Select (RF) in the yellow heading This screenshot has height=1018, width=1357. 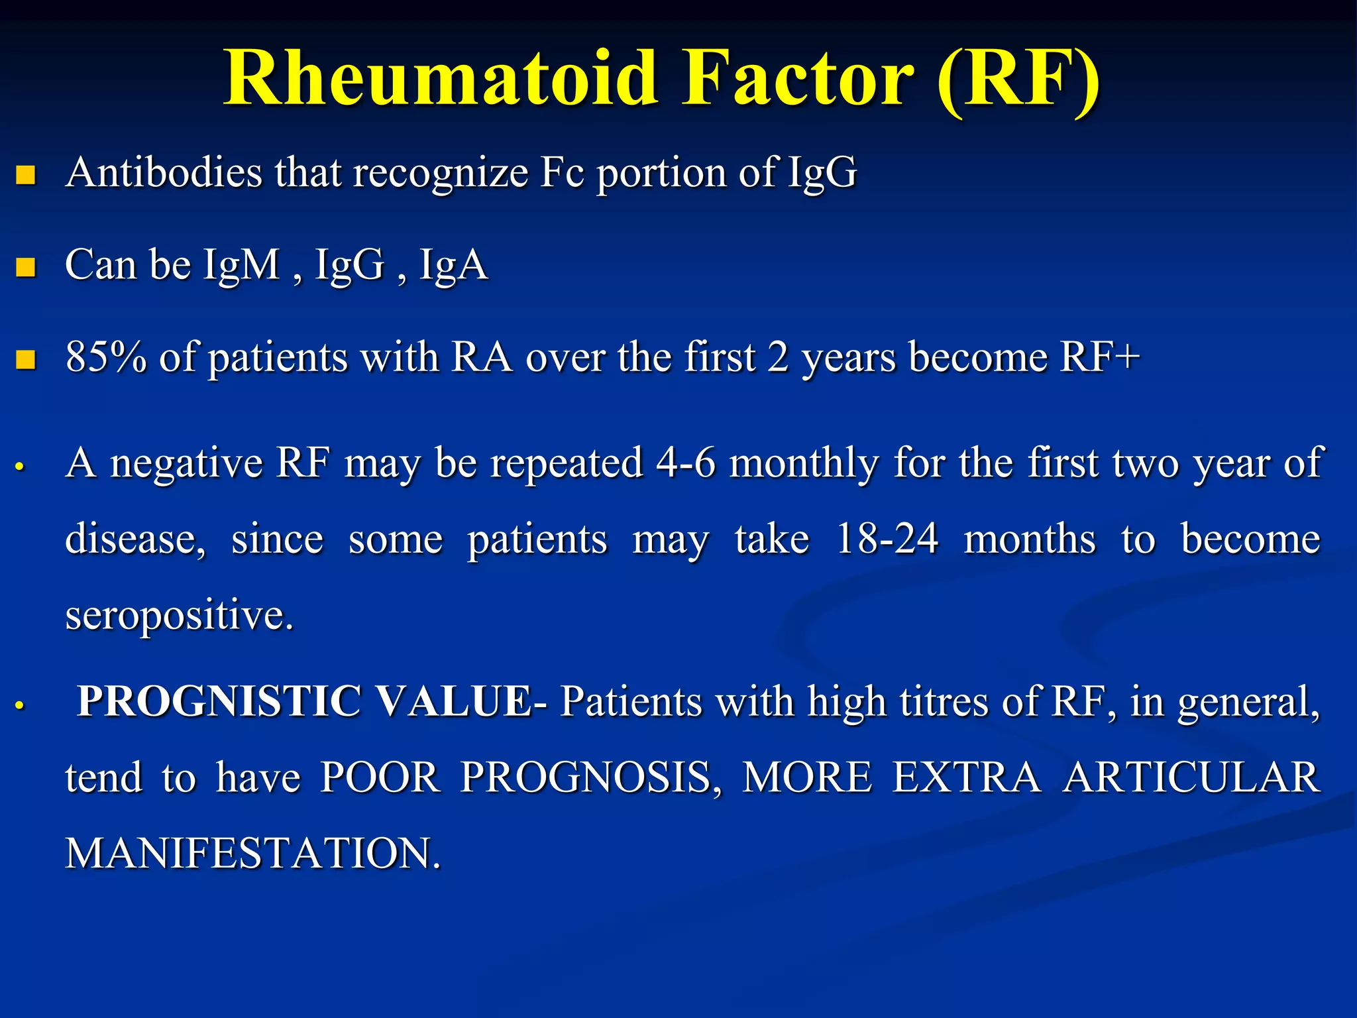[1018, 80]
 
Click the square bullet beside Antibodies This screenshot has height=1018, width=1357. [26, 175]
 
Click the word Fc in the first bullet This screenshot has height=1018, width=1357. [562, 172]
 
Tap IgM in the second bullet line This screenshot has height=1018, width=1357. [242, 265]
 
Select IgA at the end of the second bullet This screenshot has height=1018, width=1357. [454, 265]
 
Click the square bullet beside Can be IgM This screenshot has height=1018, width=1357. [26, 267]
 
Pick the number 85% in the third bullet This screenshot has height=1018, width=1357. [106, 357]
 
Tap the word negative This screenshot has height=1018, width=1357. [186, 463]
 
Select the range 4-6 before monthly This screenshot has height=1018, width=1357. [686, 462]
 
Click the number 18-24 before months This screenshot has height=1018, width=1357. [887, 538]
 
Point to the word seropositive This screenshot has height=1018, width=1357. [179, 615]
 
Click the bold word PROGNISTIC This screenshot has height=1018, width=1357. [219, 701]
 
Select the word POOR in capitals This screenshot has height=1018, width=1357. [380, 777]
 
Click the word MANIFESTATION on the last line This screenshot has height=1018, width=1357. [252, 853]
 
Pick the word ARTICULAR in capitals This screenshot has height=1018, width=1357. [1191, 777]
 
